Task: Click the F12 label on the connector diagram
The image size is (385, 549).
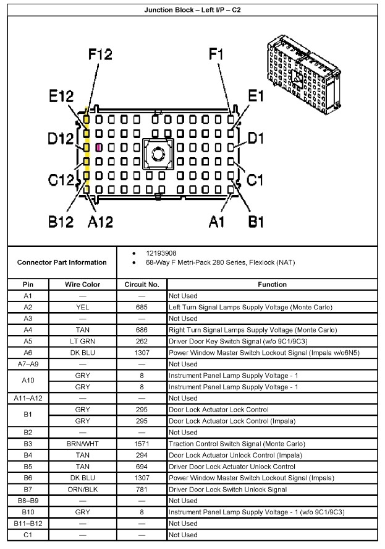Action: point(99,55)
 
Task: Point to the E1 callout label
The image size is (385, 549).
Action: point(255,95)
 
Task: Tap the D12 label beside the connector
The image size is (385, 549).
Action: point(61,139)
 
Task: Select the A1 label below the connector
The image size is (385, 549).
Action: point(216,221)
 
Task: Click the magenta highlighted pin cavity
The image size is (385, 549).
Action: point(99,148)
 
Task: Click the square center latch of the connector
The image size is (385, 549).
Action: point(158,153)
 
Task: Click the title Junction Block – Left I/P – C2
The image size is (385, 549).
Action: point(193,10)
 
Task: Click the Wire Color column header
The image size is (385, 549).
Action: point(83,285)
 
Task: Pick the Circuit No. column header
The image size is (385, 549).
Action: point(142,285)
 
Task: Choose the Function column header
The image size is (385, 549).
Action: point(273,285)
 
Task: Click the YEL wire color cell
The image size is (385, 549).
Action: point(83,307)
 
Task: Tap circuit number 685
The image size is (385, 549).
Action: point(142,307)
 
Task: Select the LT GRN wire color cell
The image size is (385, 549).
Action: point(83,341)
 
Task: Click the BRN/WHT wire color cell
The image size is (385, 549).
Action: point(83,444)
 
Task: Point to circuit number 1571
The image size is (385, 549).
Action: point(142,444)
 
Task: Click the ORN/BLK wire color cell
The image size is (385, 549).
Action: point(83,490)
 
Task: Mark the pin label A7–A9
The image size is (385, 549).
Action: point(28,364)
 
